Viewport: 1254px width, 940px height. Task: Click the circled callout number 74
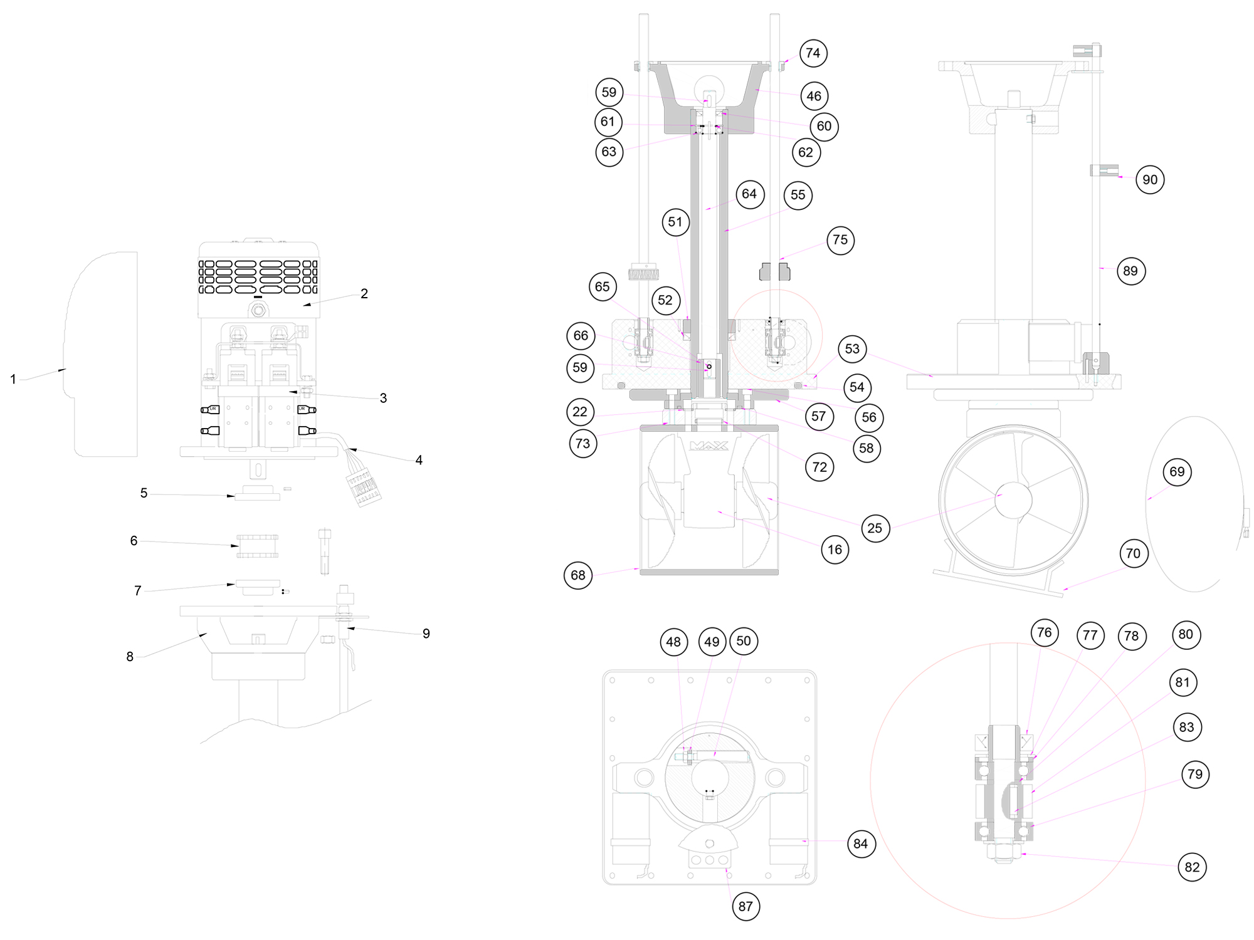point(813,53)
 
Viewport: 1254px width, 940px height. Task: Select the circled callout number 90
point(1150,180)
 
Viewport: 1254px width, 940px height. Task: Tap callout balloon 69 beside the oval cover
point(1177,472)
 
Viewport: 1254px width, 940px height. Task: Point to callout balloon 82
point(1192,867)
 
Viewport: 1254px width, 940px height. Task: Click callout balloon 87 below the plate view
point(746,906)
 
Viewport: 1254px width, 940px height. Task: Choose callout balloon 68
point(578,575)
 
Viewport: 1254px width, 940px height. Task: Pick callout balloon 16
point(835,550)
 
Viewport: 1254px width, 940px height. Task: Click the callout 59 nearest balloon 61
point(609,92)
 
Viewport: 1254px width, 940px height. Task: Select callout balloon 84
point(860,843)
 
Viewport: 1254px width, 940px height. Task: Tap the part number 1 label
point(13,379)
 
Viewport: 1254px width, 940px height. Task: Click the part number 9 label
point(426,634)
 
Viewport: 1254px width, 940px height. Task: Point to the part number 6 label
point(134,541)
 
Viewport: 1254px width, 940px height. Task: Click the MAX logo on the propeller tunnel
point(709,446)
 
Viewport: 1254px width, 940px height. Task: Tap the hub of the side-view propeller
point(1013,499)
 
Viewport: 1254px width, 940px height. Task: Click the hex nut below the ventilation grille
point(258,309)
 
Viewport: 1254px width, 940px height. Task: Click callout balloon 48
point(673,642)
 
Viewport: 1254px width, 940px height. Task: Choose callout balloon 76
point(1044,633)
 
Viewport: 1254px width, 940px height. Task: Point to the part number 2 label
point(364,294)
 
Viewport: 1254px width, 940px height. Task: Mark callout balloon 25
point(875,528)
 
